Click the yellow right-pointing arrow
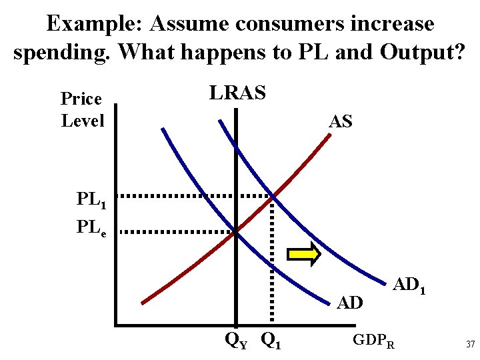[304, 255]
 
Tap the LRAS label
[237, 93]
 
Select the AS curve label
[340, 121]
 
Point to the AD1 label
[409, 286]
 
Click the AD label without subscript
[350, 303]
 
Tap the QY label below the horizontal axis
[235, 341]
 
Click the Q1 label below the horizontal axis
[271, 341]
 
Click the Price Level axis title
[82, 110]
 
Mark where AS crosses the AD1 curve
[272, 197]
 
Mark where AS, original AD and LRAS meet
[235, 232]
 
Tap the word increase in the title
[391, 24]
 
